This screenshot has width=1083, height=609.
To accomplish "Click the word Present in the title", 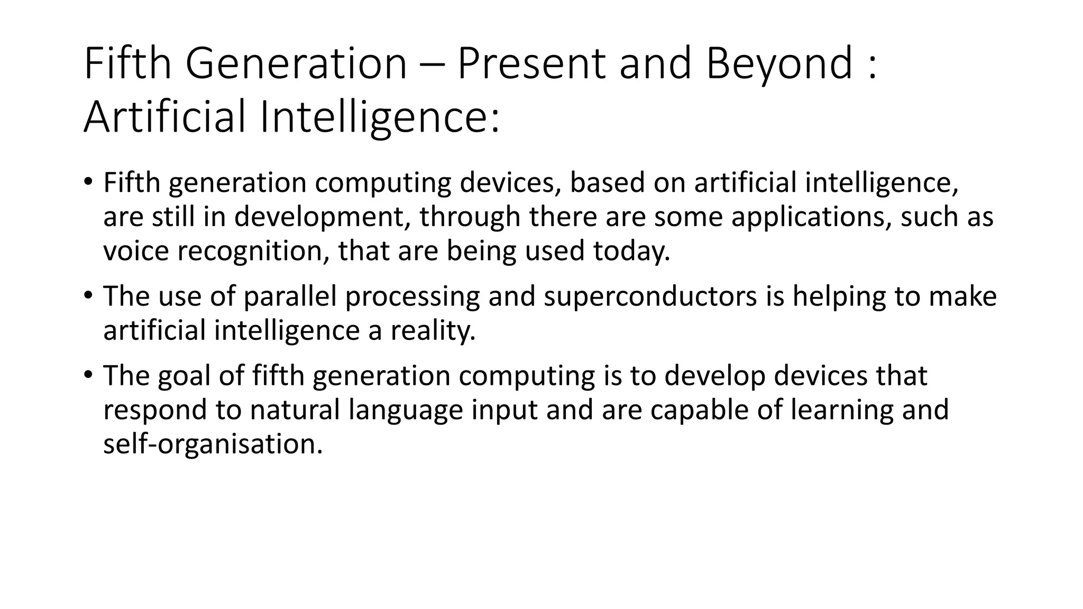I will (x=531, y=64).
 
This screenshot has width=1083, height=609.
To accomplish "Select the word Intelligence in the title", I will (x=380, y=117).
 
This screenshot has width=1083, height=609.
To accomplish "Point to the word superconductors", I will (x=650, y=297).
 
